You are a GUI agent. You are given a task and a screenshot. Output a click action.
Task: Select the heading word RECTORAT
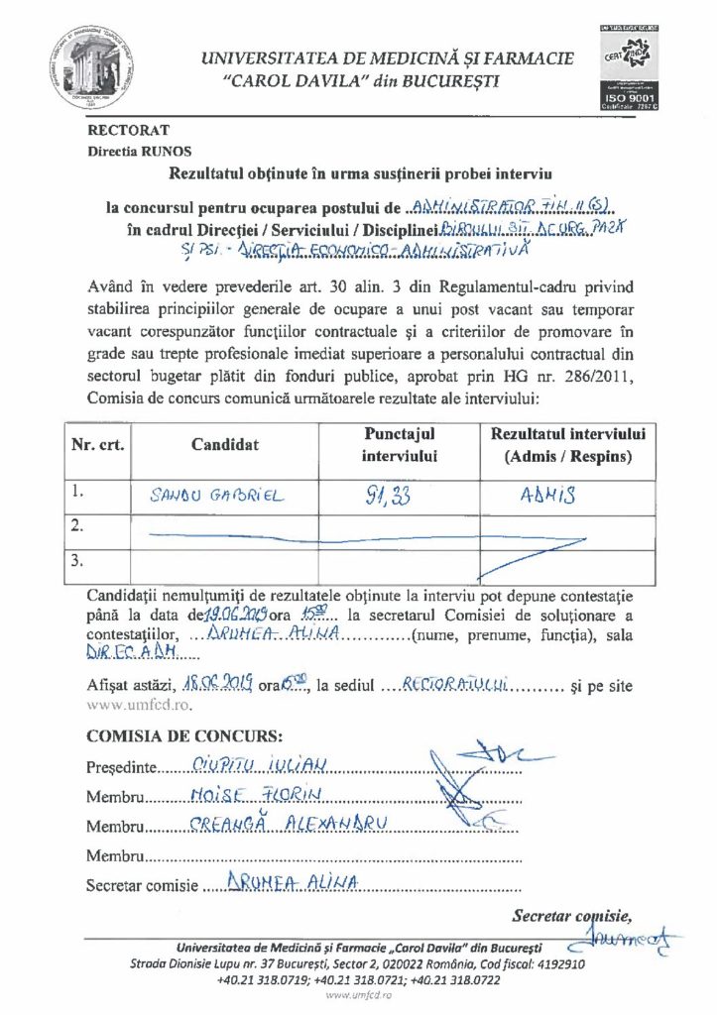[x=129, y=129]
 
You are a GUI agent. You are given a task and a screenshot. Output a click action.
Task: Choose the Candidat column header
[x=225, y=445]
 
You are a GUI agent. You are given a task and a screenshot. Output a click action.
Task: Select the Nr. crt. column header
[x=97, y=445]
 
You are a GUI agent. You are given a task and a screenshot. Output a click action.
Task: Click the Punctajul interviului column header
[x=400, y=444]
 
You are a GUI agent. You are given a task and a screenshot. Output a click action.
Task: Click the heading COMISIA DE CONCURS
[x=184, y=737]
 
